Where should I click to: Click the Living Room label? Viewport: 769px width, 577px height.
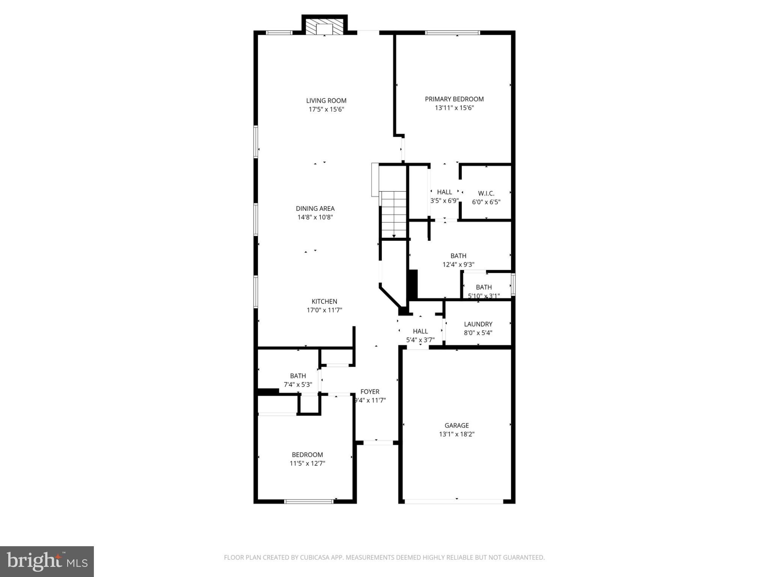click(x=326, y=101)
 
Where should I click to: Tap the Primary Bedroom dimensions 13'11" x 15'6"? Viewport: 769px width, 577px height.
click(x=454, y=108)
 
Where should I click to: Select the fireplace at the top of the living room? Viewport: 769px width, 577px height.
click(x=324, y=25)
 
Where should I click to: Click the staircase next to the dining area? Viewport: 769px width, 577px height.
click(x=394, y=214)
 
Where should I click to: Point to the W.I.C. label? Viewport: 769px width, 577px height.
click(x=486, y=193)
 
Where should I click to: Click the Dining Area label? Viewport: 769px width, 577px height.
click(x=315, y=208)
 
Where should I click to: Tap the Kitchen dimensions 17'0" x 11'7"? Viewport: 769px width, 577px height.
click(x=324, y=310)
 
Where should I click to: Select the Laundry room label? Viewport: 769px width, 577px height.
click(x=478, y=324)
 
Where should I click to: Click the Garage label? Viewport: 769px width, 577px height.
click(x=457, y=426)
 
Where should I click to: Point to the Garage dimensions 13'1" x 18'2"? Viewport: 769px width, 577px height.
click(x=457, y=434)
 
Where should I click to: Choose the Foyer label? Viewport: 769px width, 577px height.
click(x=370, y=392)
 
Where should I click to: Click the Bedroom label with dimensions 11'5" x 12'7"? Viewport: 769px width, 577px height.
click(x=308, y=455)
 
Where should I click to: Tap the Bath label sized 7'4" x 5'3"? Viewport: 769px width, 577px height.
click(x=298, y=376)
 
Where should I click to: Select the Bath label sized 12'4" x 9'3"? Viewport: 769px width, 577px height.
click(x=458, y=256)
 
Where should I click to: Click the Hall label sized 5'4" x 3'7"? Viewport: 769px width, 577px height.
click(x=420, y=331)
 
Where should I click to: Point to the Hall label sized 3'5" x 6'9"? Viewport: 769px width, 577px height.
click(x=445, y=192)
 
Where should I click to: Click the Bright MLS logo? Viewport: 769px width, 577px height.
click(x=47, y=562)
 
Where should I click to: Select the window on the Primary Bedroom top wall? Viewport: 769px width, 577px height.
click(x=452, y=33)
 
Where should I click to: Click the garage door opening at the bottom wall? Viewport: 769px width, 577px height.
click(x=453, y=501)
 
